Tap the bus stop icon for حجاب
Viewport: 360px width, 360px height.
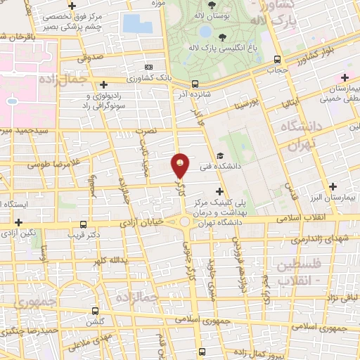pyautogui.click(x=278, y=60)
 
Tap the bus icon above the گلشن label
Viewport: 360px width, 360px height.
pyautogui.click(x=95, y=309)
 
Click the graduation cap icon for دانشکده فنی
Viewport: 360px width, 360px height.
pyautogui.click(x=221, y=156)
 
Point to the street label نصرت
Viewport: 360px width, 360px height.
pyautogui.click(x=145, y=131)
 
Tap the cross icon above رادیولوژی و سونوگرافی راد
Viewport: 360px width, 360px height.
pyautogui.click(x=104, y=84)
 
